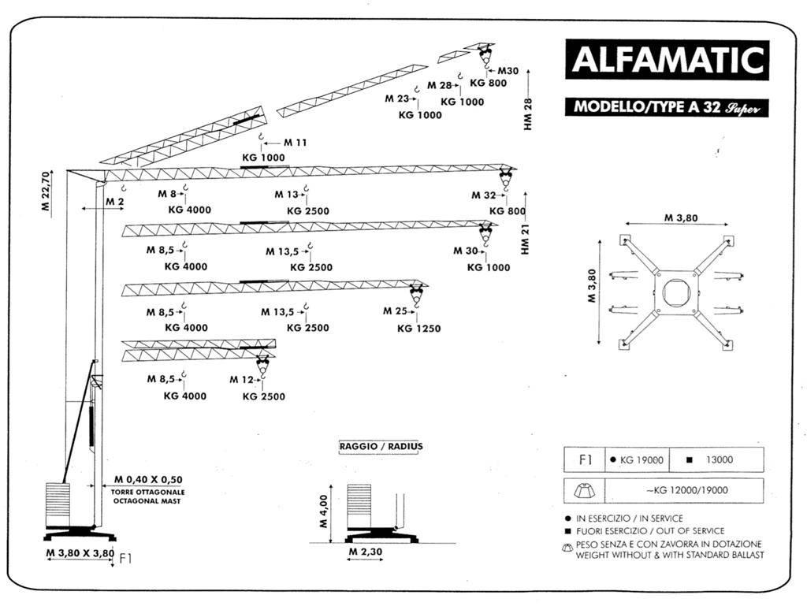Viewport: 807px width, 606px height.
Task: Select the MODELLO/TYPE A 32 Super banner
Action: [x=666, y=107]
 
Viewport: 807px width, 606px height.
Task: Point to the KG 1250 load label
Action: [x=418, y=329]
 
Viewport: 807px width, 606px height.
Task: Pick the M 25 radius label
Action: [x=395, y=311]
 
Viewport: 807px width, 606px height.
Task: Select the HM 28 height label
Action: [x=528, y=113]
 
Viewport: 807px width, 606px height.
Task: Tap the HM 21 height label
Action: [x=526, y=237]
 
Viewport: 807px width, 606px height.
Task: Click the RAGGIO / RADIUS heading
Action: [x=381, y=446]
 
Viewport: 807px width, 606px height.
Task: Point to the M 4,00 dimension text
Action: [x=323, y=512]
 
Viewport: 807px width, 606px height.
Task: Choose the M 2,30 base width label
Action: [x=365, y=552]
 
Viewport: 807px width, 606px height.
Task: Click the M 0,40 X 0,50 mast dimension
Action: [x=147, y=479]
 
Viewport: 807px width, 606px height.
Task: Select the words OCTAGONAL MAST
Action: [x=147, y=500]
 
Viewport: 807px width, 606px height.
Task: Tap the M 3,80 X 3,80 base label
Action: [x=80, y=553]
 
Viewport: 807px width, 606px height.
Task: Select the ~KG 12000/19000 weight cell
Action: [x=686, y=490]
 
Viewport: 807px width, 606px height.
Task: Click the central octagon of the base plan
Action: [x=675, y=292]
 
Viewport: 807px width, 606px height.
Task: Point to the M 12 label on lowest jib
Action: [x=241, y=380]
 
